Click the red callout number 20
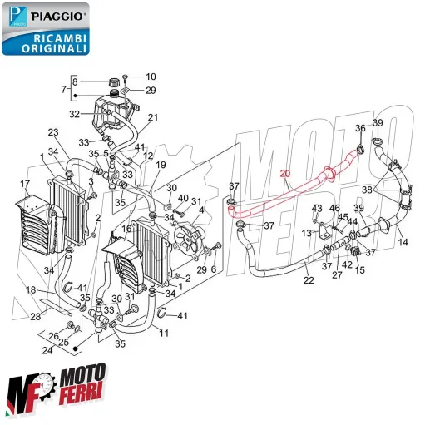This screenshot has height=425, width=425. point(285,174)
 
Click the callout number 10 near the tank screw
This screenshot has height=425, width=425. point(151,76)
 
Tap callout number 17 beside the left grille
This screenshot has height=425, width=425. point(25,184)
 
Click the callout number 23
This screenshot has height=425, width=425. point(52,132)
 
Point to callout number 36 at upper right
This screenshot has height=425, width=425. point(360,128)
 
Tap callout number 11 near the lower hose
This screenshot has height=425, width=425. point(164,333)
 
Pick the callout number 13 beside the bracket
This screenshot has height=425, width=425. point(307,234)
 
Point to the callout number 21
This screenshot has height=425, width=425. point(152,118)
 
